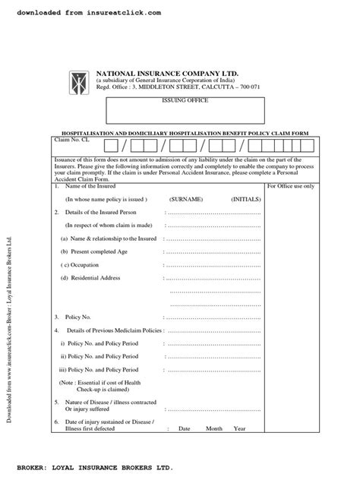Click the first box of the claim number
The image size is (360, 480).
(112, 145)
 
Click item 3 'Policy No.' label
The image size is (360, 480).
(81, 317)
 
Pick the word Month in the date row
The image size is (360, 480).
(213, 428)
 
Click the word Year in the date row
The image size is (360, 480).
(239, 428)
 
